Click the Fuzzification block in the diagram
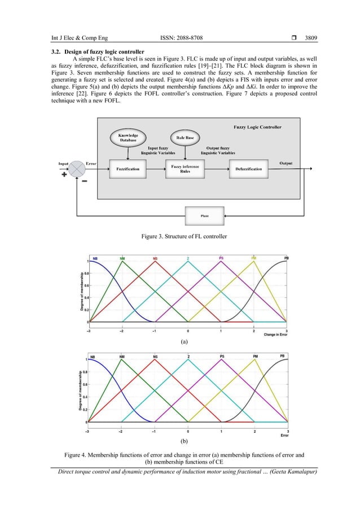click(128, 169)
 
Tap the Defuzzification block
click(248, 169)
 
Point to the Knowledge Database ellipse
click(128, 138)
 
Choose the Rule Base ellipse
click(182, 137)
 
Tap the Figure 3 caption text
click(180, 235)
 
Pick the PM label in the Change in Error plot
click(254, 258)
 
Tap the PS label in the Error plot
click(222, 357)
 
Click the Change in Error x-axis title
click(275, 335)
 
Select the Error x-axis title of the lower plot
click(284, 436)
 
